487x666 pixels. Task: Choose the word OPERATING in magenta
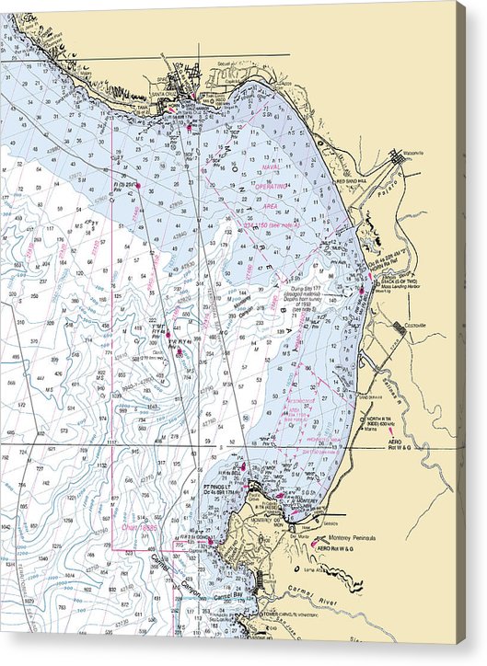(272, 186)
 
